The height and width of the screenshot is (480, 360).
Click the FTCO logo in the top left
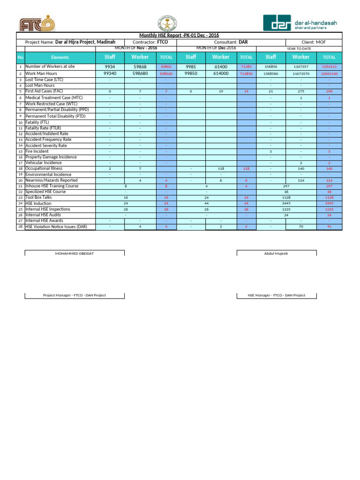pyautogui.click(x=37, y=24)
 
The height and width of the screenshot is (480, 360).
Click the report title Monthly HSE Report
pyautogui.click(x=179, y=36)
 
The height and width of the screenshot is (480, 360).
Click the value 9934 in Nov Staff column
pyautogui.click(x=110, y=67)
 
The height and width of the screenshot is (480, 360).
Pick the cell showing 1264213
pyautogui.click(x=329, y=67)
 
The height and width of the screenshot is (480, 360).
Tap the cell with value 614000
pyautogui.click(x=221, y=74)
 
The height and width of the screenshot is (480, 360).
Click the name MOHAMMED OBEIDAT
pyautogui.click(x=74, y=253)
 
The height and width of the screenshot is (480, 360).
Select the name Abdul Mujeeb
pyautogui.click(x=276, y=253)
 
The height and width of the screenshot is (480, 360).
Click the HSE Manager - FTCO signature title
pyautogui.click(x=276, y=295)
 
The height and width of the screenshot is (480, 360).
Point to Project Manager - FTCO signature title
pyautogui.click(x=74, y=295)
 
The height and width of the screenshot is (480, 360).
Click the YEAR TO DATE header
pyautogui.click(x=299, y=49)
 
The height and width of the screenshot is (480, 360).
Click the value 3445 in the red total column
pyautogui.click(x=329, y=203)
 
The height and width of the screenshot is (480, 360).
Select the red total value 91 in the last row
pyautogui.click(x=329, y=227)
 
